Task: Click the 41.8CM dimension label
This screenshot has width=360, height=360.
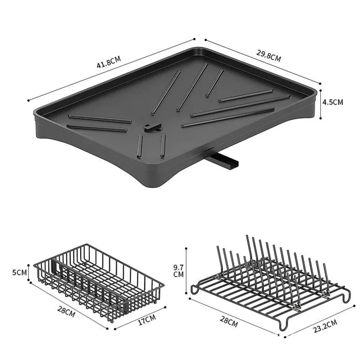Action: (x=109, y=62)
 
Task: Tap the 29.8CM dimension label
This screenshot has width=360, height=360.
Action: (x=269, y=56)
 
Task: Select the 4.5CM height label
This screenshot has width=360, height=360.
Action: (x=333, y=102)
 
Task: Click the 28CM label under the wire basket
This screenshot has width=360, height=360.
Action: (x=66, y=312)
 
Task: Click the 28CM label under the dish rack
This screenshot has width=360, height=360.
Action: (x=229, y=321)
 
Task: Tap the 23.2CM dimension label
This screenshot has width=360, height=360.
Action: (x=325, y=326)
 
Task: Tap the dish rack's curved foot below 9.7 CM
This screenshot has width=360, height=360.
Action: (x=194, y=289)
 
